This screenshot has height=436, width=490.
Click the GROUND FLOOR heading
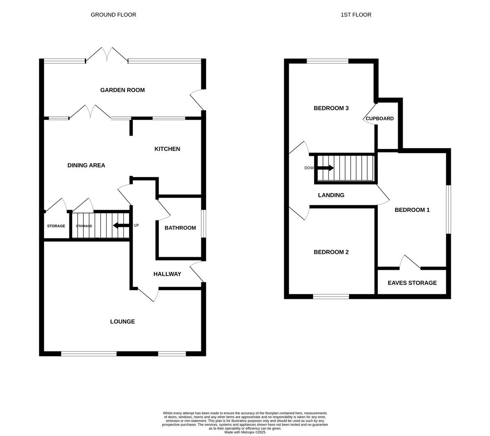point(114,15)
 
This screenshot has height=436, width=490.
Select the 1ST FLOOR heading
point(356,15)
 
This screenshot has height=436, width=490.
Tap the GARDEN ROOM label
point(122,90)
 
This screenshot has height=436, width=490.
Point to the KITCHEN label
point(167,149)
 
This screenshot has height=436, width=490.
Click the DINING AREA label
point(86,165)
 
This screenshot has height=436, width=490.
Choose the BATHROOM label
point(180,228)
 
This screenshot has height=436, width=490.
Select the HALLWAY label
point(167,274)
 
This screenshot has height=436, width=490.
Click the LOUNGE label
point(122,322)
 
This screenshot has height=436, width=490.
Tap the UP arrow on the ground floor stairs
point(121,225)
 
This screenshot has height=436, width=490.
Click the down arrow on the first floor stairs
point(325,168)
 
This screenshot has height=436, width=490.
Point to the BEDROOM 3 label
point(331,108)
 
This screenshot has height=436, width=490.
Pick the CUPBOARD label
point(380,119)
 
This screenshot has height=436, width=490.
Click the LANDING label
point(331,195)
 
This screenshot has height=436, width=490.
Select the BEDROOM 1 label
point(412,210)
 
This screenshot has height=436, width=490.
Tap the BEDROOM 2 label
point(331,252)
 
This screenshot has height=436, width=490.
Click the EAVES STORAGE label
point(412,283)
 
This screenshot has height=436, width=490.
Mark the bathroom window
point(203,223)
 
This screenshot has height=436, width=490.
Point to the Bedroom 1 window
point(448,209)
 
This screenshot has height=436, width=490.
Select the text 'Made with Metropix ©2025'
point(245,432)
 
